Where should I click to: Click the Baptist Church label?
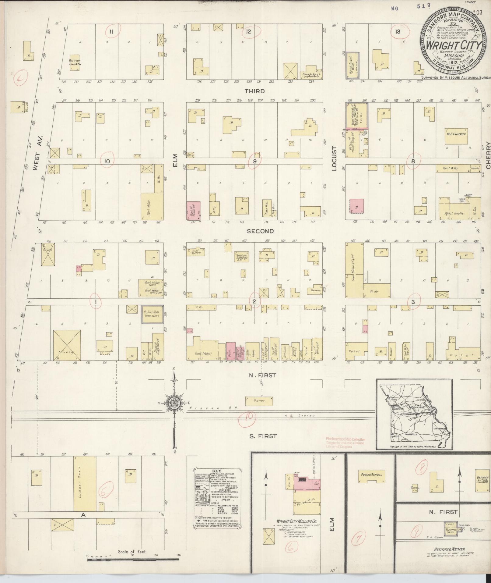pyautogui.click(x=75, y=62)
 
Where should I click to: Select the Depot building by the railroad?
pyautogui.click(x=259, y=401)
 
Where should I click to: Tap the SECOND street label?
pyautogui.click(x=260, y=231)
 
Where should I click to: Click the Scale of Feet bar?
pyautogui.click(x=133, y=559)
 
